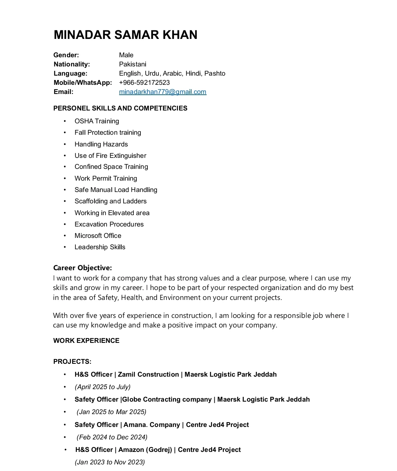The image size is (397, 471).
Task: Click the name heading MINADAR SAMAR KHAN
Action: (x=125, y=35)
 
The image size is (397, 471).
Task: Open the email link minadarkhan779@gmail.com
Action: (x=162, y=92)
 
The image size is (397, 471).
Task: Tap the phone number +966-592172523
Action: (x=144, y=83)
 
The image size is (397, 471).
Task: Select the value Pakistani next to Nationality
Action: (x=132, y=64)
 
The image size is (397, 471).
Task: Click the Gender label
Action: (x=66, y=55)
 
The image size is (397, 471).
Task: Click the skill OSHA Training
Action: (x=97, y=121)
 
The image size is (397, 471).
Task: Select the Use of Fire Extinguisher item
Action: (x=110, y=156)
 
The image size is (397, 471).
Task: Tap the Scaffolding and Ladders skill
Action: (x=110, y=201)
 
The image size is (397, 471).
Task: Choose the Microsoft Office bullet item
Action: (x=98, y=236)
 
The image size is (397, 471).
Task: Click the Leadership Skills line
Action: (x=100, y=247)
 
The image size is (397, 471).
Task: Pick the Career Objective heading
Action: (x=82, y=268)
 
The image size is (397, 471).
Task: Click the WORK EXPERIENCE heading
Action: (x=86, y=341)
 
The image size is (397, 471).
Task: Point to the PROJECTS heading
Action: (x=72, y=362)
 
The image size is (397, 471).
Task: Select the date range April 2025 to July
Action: (x=103, y=387)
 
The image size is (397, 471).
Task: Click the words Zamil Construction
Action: (x=148, y=374)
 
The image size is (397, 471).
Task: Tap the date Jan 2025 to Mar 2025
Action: (x=111, y=412)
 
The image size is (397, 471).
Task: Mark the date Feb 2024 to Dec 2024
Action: (x=112, y=437)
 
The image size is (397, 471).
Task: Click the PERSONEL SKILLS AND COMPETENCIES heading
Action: (x=120, y=108)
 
